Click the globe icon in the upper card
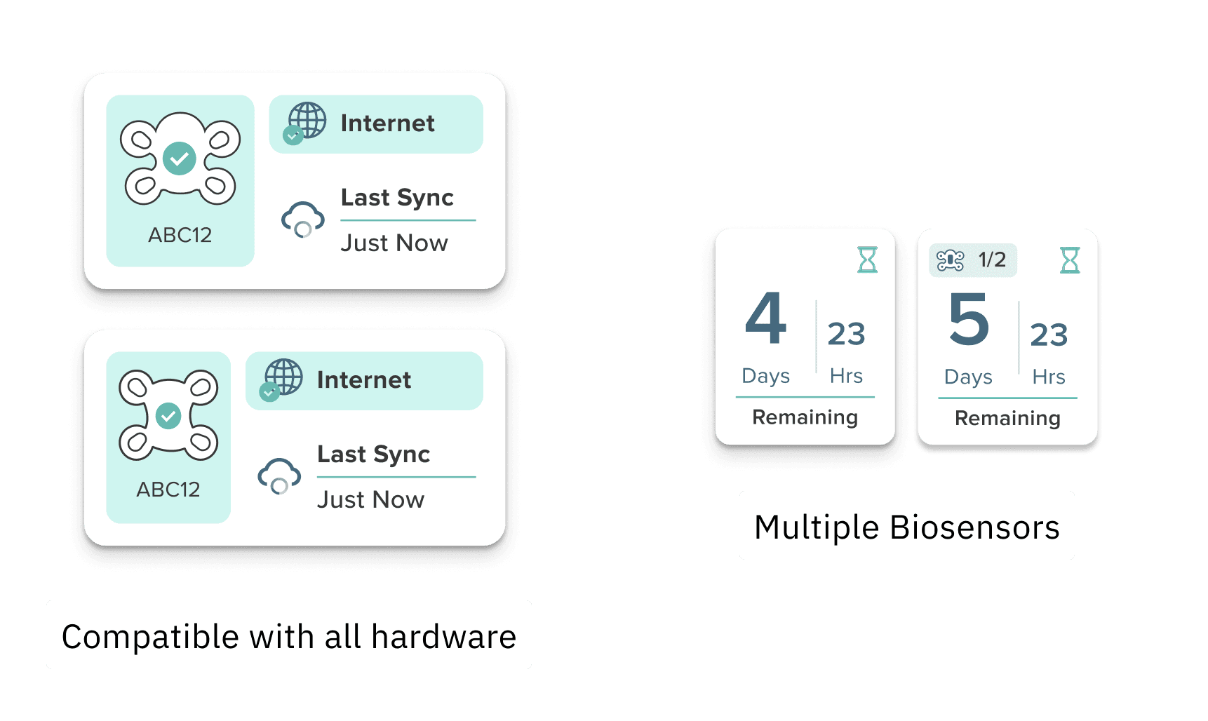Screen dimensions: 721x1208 (307, 121)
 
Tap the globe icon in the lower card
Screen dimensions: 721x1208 (283, 377)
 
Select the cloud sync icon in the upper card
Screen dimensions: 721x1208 (302, 220)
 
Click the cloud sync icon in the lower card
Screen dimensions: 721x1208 (279, 476)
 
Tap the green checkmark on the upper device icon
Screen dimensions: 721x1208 (180, 159)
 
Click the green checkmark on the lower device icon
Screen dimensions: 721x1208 (168, 415)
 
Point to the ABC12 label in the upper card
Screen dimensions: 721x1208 (180, 235)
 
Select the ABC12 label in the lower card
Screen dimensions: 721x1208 (168, 490)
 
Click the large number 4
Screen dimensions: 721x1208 (765, 319)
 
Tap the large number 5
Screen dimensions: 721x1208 (969, 320)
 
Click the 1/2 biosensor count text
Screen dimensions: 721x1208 (992, 260)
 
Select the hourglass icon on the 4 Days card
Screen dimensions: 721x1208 (868, 260)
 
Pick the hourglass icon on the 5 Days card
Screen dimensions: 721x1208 (1070, 260)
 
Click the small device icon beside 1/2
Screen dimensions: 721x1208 (951, 260)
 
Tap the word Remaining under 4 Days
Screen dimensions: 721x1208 (805, 417)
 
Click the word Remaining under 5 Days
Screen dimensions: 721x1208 (1007, 419)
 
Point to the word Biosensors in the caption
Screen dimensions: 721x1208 (974, 527)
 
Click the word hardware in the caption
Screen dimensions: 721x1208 (443, 637)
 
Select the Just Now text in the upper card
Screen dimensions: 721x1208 (394, 243)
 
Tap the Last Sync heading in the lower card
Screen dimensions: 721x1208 (373, 454)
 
